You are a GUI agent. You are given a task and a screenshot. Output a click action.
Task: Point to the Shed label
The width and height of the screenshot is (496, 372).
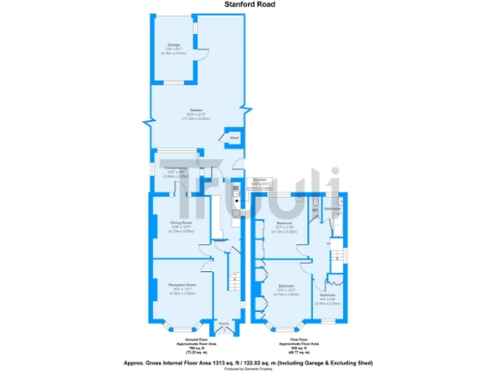[232, 139]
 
